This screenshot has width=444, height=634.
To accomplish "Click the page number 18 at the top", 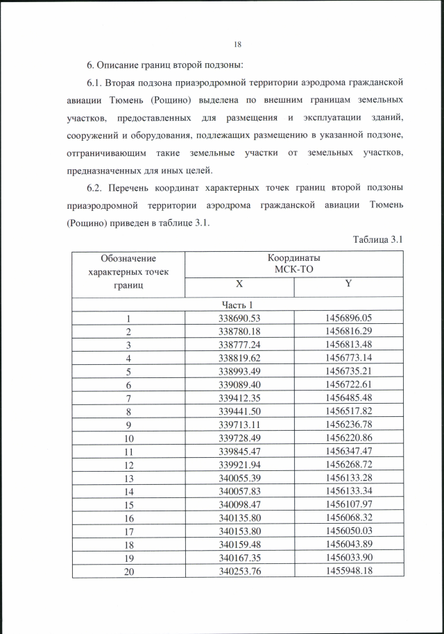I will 237,45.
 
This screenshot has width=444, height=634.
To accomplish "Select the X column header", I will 239,284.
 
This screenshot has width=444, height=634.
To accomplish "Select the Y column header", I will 348,284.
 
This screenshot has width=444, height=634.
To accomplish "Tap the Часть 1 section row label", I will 239,305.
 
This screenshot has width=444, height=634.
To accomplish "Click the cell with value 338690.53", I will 239,318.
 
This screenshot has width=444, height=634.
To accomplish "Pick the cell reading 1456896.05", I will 348,318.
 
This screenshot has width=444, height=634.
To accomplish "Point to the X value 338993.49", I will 239,371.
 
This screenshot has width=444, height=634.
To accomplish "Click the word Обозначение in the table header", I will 128,259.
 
